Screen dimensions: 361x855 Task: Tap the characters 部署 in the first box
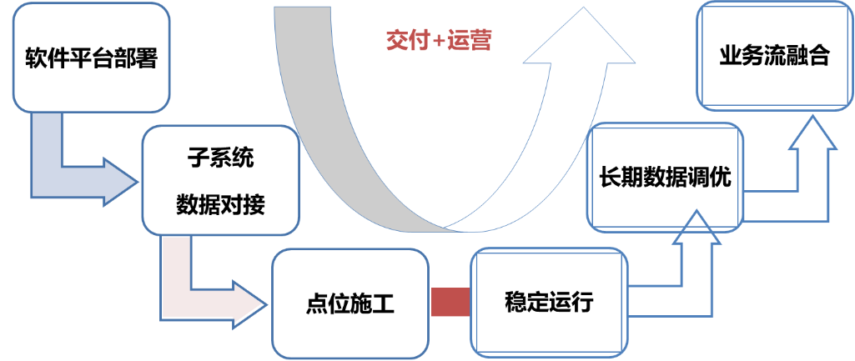pos(135,60)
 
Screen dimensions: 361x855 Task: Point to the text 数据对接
pos(220,203)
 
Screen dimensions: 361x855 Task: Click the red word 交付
pos(405,40)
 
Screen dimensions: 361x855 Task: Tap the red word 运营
pos(469,40)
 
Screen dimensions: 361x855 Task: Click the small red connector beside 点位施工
pos(450,302)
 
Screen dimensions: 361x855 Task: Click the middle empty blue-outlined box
pos(665,177)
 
